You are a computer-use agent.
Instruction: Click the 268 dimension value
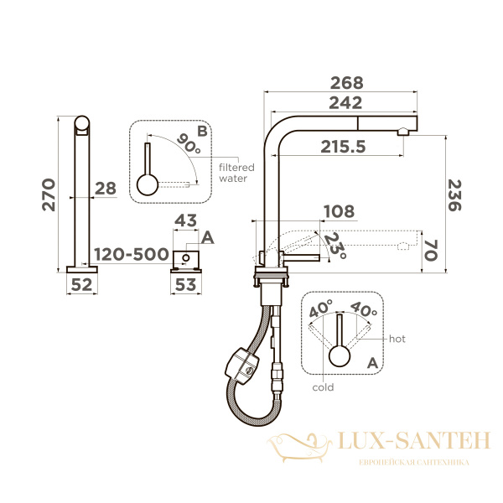coord(347,83)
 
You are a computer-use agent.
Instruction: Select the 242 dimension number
coord(345,103)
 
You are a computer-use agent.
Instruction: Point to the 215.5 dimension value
coord(343,147)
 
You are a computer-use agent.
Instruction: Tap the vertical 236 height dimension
coord(454,195)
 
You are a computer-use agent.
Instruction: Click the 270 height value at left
coord(49,194)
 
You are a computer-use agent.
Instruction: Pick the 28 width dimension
coord(106,189)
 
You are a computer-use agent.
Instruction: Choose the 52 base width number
coord(81,284)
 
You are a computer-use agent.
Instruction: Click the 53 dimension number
coord(186,284)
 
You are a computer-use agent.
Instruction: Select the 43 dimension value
coord(185,220)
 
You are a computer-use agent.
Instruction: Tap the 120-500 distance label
coord(132,254)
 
